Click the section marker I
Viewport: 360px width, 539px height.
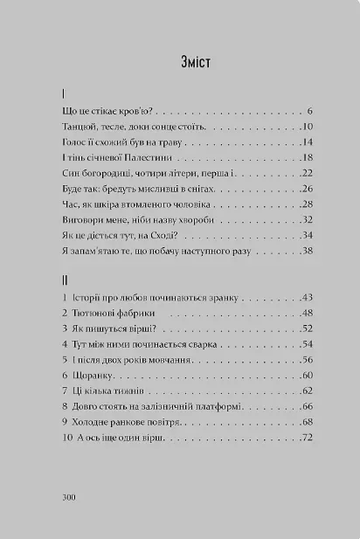point(65,93)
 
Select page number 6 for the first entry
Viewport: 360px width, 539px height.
point(310,111)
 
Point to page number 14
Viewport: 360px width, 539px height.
point(307,142)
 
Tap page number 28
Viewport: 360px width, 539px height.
point(307,190)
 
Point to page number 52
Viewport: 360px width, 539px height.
point(307,329)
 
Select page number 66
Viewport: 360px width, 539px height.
point(307,407)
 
